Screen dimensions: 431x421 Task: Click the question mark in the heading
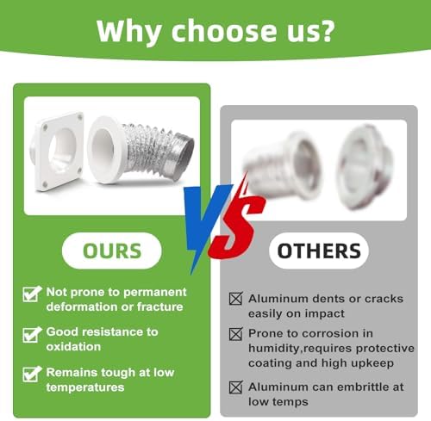326,31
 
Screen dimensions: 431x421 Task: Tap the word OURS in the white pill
112,251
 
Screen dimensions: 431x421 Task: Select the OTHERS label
319,251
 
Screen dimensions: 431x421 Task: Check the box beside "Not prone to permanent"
32,294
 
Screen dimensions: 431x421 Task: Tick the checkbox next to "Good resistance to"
32,335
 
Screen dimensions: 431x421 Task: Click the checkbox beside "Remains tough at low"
32,375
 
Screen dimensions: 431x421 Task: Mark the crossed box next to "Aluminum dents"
236,299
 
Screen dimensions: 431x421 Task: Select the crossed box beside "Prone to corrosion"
236,334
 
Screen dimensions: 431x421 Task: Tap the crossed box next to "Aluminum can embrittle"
236,387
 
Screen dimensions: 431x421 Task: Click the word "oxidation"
73,347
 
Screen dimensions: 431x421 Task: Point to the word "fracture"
160,306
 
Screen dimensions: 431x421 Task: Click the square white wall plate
59,152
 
